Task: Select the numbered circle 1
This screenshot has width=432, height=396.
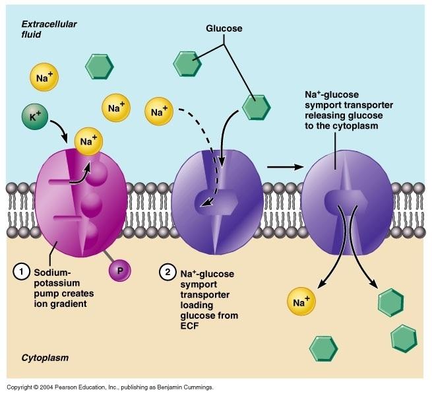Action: [x=22, y=271]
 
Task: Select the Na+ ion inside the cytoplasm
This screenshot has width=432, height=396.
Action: [x=301, y=302]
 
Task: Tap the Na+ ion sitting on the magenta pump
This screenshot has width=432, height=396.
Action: [x=87, y=140]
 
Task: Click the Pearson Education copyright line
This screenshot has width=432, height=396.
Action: [x=109, y=387]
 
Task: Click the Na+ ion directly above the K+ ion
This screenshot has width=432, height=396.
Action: [x=41, y=77]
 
